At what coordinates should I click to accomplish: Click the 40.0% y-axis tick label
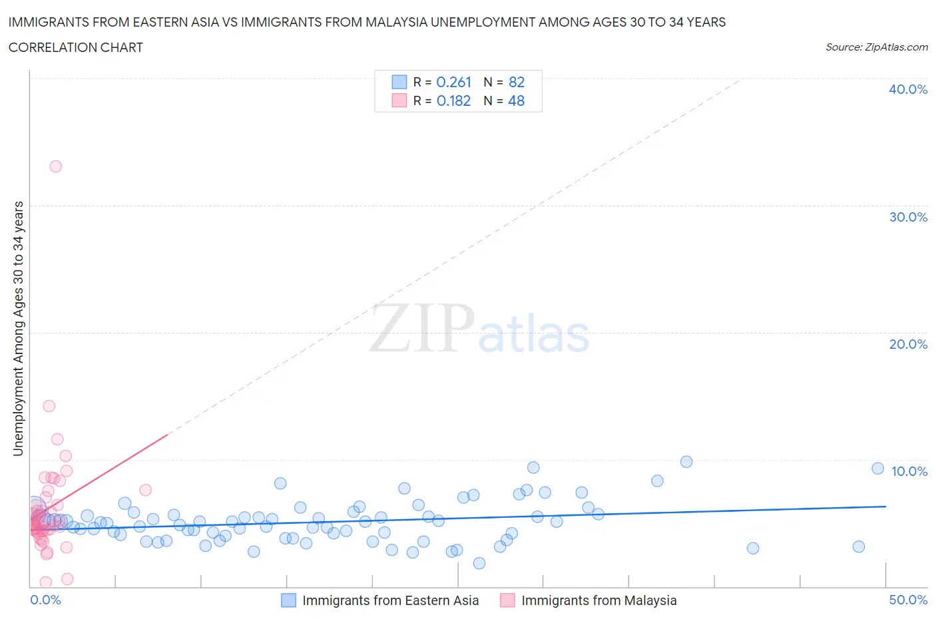click(x=908, y=89)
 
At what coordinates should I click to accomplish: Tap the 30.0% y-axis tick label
click(x=908, y=217)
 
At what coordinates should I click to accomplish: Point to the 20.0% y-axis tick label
click(x=908, y=344)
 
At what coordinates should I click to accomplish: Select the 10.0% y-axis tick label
click(x=909, y=471)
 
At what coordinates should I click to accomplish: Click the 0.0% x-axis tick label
click(x=45, y=600)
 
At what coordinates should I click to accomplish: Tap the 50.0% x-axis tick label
click(x=908, y=600)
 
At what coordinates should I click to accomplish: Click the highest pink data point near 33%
click(x=56, y=166)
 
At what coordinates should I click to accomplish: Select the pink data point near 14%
click(x=49, y=406)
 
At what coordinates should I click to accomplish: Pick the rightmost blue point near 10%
click(x=878, y=469)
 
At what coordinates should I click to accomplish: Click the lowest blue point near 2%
click(x=479, y=563)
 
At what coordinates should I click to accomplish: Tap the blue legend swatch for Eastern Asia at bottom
click(x=288, y=600)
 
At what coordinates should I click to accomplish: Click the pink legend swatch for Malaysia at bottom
click(x=507, y=600)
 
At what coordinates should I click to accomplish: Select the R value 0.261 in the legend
click(x=453, y=82)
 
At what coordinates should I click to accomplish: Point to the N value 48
click(x=516, y=101)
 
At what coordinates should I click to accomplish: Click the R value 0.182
click(x=453, y=101)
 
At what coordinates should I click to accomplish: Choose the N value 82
click(x=517, y=82)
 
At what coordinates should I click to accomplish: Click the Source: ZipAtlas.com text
click(x=876, y=47)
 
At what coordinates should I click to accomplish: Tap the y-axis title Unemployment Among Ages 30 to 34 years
click(x=18, y=329)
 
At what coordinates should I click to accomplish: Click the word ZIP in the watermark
click(x=421, y=328)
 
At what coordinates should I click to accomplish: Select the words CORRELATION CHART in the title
click(x=76, y=47)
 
